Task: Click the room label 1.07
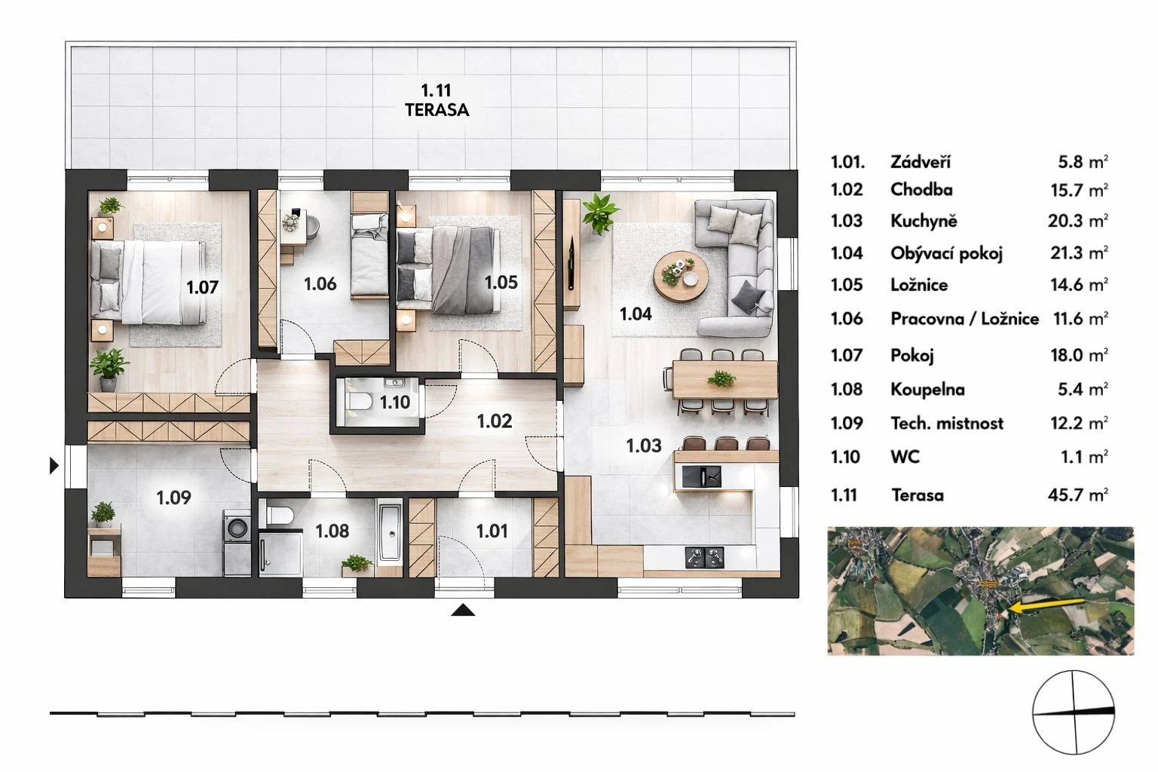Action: [x=202, y=287]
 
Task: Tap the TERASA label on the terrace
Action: [x=437, y=110]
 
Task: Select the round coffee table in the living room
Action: [x=680, y=277]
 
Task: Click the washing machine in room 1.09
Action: [x=237, y=542]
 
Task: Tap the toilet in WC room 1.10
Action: [x=359, y=402]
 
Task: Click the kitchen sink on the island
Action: [x=701, y=476]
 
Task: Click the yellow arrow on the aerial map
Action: [x=1046, y=605]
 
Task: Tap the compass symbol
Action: [x=1074, y=712]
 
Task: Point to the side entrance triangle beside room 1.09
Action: [x=54, y=466]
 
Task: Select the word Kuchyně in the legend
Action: [x=924, y=222]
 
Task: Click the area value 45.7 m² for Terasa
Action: [x=1078, y=495]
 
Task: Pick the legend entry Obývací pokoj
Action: [x=947, y=253]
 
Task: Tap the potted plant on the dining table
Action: [x=721, y=379]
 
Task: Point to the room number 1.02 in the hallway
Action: [x=495, y=421]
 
